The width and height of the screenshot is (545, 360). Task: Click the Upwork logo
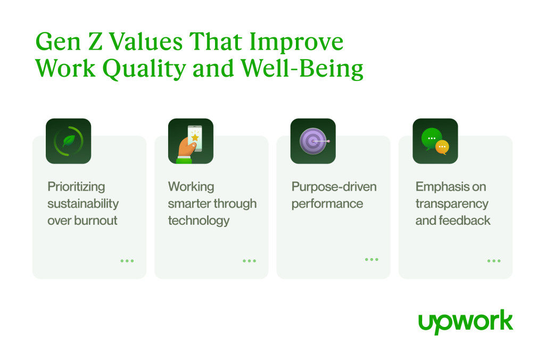click(x=465, y=322)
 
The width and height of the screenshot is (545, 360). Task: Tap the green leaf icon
click(x=68, y=141)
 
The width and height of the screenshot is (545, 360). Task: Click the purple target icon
click(x=313, y=141)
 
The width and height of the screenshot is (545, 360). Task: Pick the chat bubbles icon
click(x=435, y=141)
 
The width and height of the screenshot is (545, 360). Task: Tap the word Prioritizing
click(x=76, y=187)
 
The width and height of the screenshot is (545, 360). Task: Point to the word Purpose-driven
click(x=334, y=187)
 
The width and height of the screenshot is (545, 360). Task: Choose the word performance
click(x=327, y=203)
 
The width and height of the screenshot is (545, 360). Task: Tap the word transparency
click(x=451, y=203)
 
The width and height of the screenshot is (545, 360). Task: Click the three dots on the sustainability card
click(x=127, y=261)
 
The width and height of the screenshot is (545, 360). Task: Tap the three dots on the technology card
click(x=249, y=261)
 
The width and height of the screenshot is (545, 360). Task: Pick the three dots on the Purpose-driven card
click(x=371, y=259)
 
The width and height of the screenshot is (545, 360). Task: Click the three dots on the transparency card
click(x=494, y=261)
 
